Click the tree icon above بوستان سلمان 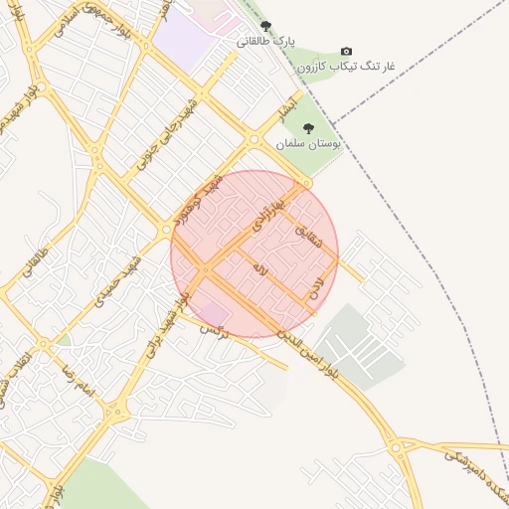[308, 128]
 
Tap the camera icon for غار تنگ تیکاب [346, 51]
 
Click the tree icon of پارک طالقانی [264, 26]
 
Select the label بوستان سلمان [308, 144]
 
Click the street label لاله [259, 268]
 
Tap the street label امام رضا [76, 380]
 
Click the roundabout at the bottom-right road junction [400, 448]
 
